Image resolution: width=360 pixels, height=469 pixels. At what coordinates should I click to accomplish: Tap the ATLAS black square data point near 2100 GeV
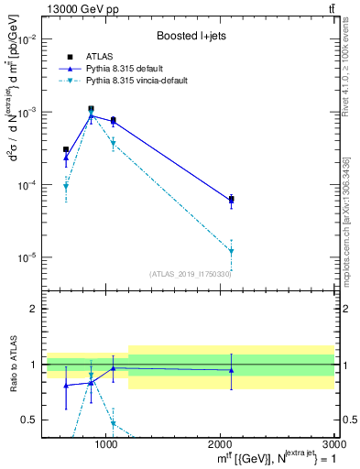pyautogui.click(x=231, y=199)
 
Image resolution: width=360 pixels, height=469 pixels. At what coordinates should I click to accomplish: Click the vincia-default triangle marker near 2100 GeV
pyautogui.click(x=231, y=251)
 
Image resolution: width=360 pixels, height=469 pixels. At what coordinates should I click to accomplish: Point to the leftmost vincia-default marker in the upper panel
pyautogui.click(x=66, y=186)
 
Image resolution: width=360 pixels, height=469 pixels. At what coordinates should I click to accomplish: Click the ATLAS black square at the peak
pyautogui.click(x=91, y=109)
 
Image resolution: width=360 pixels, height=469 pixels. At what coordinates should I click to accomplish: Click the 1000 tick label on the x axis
pyautogui.click(x=106, y=444)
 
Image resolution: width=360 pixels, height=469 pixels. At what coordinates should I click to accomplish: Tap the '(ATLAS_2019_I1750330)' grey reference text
pyautogui.click(x=191, y=273)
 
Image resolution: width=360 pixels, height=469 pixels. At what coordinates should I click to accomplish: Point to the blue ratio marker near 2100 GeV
pyautogui.click(x=231, y=370)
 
